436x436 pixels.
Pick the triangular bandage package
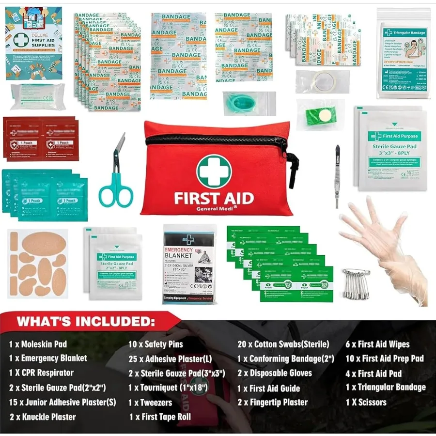tap(403, 53)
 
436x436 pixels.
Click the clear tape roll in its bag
tap(322, 81)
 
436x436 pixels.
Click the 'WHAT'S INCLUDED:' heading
tap(86, 321)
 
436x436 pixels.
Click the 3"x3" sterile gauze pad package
tap(392, 148)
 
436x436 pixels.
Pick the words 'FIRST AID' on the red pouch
tap(214, 198)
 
